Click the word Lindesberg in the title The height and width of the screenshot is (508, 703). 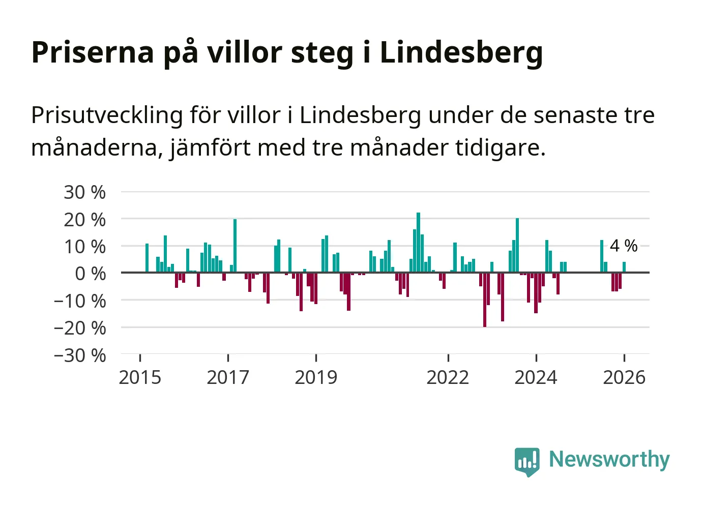tap(461, 52)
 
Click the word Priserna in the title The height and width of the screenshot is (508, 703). tap(93, 52)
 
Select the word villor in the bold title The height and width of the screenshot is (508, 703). tap(244, 52)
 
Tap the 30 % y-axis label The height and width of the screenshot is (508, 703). tap(84, 192)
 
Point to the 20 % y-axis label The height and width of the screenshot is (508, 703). tap(84, 220)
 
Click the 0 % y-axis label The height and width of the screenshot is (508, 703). tap(90, 274)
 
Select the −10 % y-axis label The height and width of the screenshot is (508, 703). tap(80, 301)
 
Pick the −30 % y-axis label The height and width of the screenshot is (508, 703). tap(80, 355)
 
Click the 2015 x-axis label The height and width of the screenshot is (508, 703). tap(140, 377)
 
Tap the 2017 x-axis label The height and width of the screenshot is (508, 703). tap(228, 377)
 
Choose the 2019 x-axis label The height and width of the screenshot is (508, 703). tap(316, 377)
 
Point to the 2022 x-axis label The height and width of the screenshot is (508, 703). tap(448, 377)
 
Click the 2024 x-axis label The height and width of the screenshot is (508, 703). tap(536, 377)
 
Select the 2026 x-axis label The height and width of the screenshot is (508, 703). tap(624, 377)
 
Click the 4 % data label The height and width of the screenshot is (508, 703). tap(624, 246)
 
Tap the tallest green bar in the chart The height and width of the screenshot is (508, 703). tap(418, 242)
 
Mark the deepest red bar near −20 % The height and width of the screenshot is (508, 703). tap(485, 300)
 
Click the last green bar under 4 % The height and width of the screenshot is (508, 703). tap(624, 267)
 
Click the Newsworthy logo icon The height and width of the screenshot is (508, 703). tap(526, 461)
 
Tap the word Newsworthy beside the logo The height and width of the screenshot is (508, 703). tap(609, 460)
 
